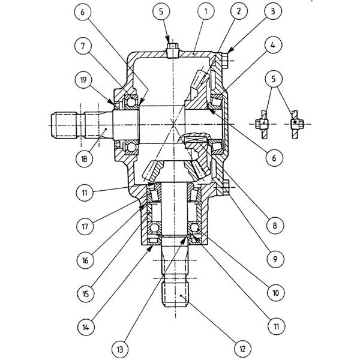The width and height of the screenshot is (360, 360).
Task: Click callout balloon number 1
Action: coord(206,11)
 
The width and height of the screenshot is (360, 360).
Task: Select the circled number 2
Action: coord(239,11)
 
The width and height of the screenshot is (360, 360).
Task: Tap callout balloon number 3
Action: coord(273,11)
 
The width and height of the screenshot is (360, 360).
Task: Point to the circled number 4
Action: coord(273,45)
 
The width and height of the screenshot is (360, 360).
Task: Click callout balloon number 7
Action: coord(83,46)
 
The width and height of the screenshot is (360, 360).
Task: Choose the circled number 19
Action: coord(83,80)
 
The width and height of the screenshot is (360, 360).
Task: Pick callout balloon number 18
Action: coord(84,158)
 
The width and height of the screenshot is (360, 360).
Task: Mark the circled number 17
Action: coord(85,227)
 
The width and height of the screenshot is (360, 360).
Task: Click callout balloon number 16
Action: coord(85,260)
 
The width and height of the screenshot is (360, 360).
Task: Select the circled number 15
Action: coord(85,294)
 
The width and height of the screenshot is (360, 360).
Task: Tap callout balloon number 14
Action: coord(86,328)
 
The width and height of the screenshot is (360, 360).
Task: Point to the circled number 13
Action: coord(120,350)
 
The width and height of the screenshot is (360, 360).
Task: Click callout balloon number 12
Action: coord(242,349)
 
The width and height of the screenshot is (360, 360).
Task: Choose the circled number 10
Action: coord(276,293)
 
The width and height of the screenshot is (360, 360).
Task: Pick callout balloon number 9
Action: coord(275,259)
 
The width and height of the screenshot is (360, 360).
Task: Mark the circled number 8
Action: coord(275,226)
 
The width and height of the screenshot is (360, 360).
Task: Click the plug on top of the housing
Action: coord(173,50)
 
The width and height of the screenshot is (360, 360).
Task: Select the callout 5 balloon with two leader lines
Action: coord(274,79)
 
